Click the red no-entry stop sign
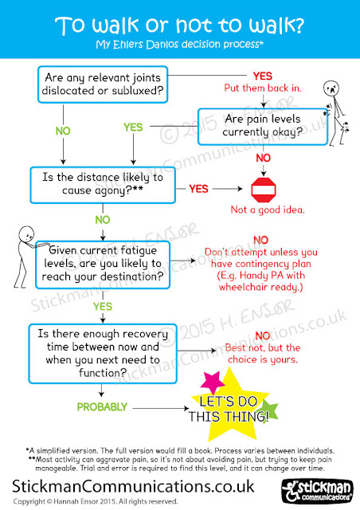(264, 190)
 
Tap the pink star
(212, 382)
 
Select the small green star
(268, 409)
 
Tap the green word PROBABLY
(102, 407)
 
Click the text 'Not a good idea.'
(268, 210)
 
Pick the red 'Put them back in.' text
(263, 88)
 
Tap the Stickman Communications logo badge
(318, 491)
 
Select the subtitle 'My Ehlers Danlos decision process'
(179, 45)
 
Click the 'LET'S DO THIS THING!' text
(229, 409)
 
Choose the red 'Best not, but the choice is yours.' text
(263, 354)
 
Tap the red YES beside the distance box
(198, 189)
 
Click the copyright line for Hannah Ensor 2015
(96, 501)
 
